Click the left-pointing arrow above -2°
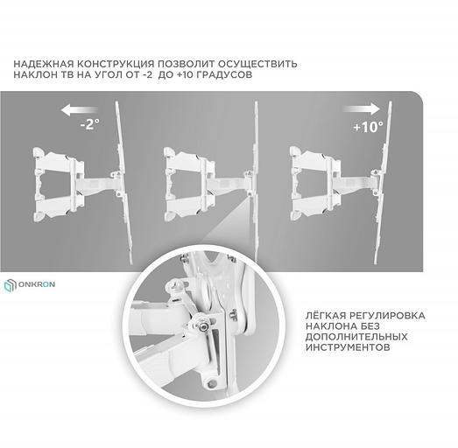click(x=79, y=110)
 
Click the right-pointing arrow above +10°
click(x=362, y=108)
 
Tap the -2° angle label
click(x=89, y=124)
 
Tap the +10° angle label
click(x=368, y=126)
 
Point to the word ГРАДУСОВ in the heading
click(x=224, y=74)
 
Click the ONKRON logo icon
click(x=11, y=285)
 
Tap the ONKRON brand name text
click(x=37, y=284)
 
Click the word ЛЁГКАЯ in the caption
click(x=326, y=315)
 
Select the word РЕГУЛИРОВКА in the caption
click(x=387, y=316)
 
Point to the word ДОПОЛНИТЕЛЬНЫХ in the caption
click(x=356, y=337)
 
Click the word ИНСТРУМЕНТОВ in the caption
click(x=348, y=347)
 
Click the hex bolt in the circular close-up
click(x=203, y=327)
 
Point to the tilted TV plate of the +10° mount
click(x=383, y=183)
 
